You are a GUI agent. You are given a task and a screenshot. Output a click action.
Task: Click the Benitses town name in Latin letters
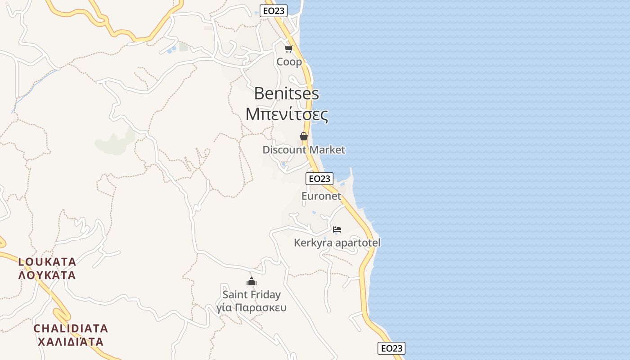[x=287, y=94]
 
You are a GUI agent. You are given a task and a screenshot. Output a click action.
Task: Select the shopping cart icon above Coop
[x=288, y=49]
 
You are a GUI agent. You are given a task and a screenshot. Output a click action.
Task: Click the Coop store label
[x=289, y=62]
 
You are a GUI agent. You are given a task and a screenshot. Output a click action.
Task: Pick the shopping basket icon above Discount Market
[x=304, y=136]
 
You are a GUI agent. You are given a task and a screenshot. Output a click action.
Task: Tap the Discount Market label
[x=304, y=150]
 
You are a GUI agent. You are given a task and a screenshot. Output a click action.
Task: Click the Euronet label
[x=321, y=196]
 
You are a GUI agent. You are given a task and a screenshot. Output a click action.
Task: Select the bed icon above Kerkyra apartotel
[x=337, y=229]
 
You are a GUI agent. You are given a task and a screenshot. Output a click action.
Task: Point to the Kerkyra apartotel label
[x=337, y=243]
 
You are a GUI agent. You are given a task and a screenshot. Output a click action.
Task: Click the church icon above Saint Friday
[x=251, y=282]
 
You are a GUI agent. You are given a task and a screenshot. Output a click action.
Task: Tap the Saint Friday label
[x=252, y=295]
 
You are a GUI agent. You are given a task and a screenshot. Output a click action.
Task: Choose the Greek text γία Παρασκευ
[x=252, y=308]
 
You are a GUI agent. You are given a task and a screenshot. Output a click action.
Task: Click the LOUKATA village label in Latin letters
[x=47, y=262]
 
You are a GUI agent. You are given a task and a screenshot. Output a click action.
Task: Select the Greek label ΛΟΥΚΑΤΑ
[x=47, y=275]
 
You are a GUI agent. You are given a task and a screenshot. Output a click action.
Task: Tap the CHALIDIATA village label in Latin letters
[x=71, y=328]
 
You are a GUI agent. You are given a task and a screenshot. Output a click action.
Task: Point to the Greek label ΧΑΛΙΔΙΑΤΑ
[x=71, y=342]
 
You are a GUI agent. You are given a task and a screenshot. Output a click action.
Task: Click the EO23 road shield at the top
[x=274, y=11]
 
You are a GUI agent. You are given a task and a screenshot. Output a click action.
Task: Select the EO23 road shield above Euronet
[x=319, y=179]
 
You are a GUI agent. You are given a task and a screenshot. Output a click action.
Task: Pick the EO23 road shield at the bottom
[x=391, y=348]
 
